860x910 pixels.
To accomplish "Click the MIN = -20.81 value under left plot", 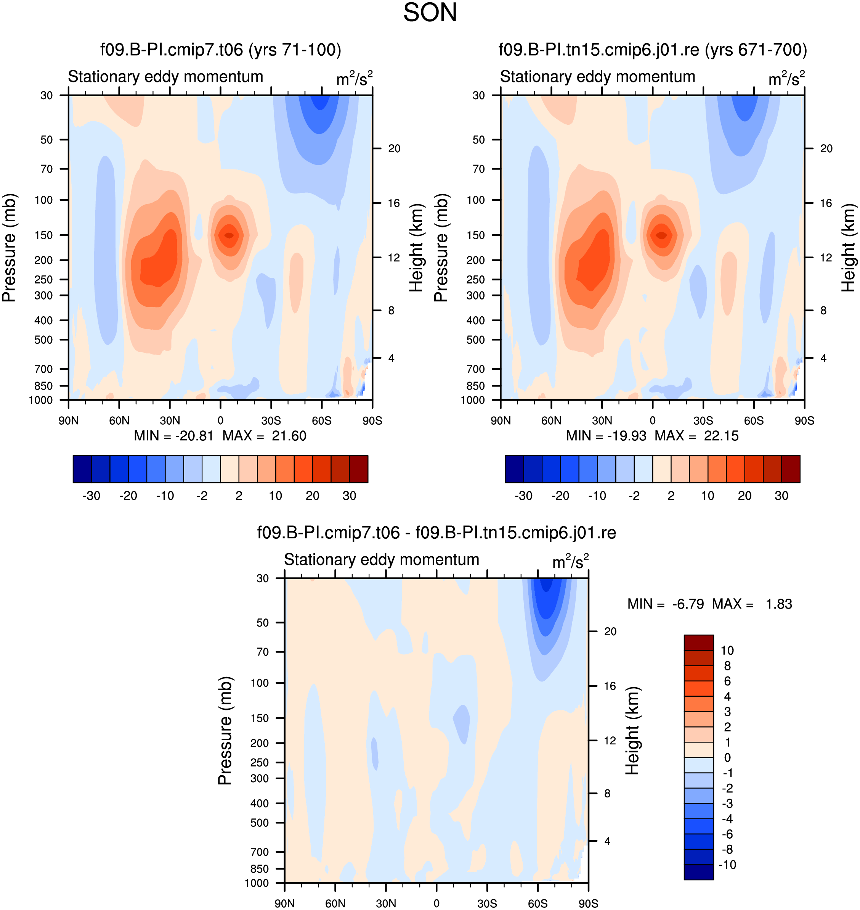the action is click(x=174, y=435).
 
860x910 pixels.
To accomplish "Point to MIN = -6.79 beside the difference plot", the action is click(x=666, y=604).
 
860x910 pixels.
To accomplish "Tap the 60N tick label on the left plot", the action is click(x=119, y=421).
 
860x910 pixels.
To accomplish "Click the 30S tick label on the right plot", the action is click(x=703, y=421).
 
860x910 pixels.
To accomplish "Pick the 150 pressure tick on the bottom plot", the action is click(x=260, y=718).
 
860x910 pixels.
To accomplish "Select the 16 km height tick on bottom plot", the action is click(x=610, y=686).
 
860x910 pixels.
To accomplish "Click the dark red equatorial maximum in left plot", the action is click(x=229, y=235).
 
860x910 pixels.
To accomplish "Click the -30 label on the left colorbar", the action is click(x=91, y=496).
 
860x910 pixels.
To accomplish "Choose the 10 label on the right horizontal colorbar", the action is click(x=708, y=496).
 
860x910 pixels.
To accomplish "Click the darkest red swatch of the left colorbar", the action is click(x=358, y=469).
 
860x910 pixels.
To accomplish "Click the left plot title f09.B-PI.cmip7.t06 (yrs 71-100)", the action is click(x=220, y=50).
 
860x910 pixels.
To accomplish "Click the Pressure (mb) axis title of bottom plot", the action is click(x=225, y=731).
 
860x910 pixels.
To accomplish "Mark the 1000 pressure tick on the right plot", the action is click(x=473, y=400).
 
